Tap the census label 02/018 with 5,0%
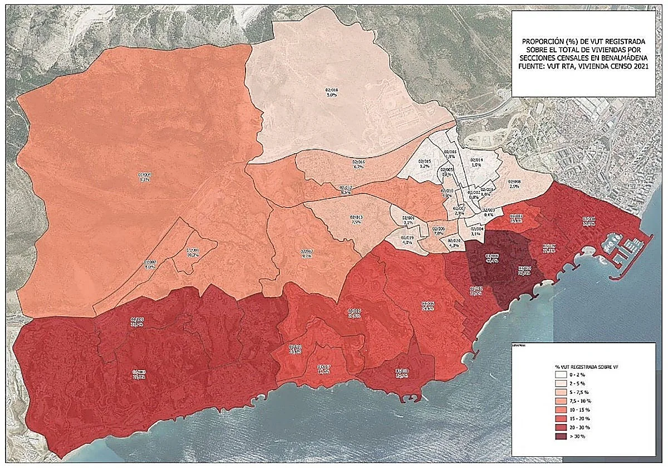pos(332,92)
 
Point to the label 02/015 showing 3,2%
pos(425,164)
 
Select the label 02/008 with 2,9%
pos(514,184)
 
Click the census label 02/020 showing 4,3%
pos(454,243)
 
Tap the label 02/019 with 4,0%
pos(407,240)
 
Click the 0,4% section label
pos(489,212)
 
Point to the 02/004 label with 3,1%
pos(477,231)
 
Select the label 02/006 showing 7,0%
pos(439,231)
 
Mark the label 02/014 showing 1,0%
pos(477,162)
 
